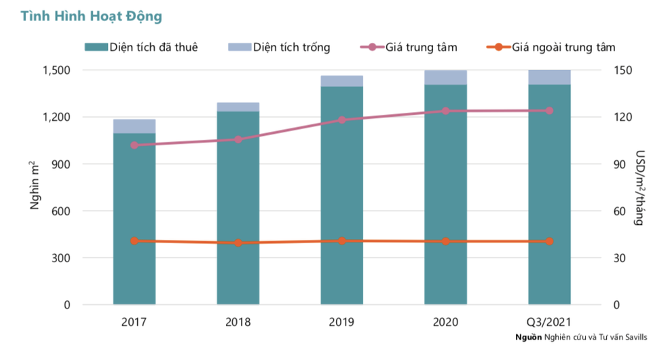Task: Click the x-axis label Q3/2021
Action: coord(549,322)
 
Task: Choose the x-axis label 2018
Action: coord(238,322)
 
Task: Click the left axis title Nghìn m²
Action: coord(35,186)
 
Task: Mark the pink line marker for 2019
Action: coord(342,120)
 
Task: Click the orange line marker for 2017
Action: coord(134,241)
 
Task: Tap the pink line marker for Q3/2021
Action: coord(549,111)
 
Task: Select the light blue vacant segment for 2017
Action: coord(134,126)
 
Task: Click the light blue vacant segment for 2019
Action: coord(342,82)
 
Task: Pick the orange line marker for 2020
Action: coord(446,241)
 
